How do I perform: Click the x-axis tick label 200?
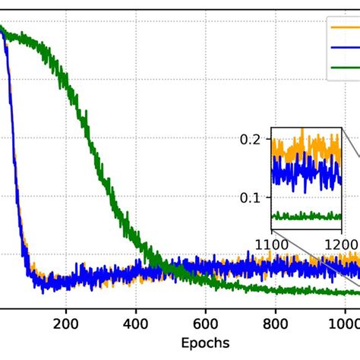point(66,322)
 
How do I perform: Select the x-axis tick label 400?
point(136,322)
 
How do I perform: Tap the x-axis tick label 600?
point(206,322)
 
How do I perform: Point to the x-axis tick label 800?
point(276,322)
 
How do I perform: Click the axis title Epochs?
point(205,343)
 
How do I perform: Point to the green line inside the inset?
point(304,216)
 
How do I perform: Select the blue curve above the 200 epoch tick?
point(66,279)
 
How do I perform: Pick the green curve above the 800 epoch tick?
point(276,289)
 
